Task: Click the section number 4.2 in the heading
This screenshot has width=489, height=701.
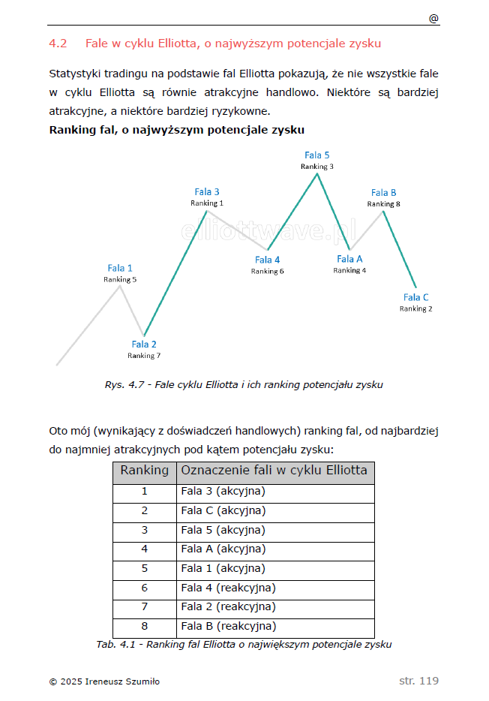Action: pos(58,44)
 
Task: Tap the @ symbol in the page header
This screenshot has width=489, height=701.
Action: pos(433,19)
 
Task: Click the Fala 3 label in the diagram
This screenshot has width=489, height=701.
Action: pos(207,192)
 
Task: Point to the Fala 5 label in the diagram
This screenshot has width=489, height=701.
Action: pos(317,155)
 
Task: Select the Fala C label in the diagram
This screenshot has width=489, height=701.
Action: pos(416,297)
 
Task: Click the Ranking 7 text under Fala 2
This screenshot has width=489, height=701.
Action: pos(144,356)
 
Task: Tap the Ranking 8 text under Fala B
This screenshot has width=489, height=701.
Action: pos(383,204)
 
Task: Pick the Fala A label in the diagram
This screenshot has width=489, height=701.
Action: pos(349,259)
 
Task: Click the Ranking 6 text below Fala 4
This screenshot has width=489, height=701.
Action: pos(267,272)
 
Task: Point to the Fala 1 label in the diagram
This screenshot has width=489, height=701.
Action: pos(120,268)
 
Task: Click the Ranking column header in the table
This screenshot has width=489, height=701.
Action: pos(145,471)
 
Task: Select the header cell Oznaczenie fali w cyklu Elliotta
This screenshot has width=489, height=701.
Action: pos(274,471)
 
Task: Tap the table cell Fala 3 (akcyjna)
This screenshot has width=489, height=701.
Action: pos(223,492)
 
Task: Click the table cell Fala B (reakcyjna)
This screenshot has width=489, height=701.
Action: pos(229,626)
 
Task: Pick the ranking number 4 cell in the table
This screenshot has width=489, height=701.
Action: pos(145,549)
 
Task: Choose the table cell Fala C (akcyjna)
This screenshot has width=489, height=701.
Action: pos(223,511)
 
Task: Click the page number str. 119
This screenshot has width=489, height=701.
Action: pos(418,681)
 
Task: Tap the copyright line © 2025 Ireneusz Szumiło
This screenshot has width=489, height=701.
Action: pos(104,681)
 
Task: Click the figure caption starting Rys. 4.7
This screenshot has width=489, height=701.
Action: pos(244,385)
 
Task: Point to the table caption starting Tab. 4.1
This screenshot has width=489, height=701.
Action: pos(244,644)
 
